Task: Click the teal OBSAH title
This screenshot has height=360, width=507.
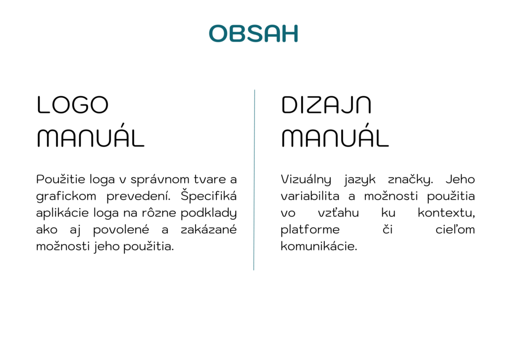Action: [253, 34]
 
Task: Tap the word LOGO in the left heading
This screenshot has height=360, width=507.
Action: [73, 105]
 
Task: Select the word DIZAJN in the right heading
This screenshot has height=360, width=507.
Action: [326, 105]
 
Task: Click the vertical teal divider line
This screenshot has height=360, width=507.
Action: [254, 180]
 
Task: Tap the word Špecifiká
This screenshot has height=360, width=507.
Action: [208, 196]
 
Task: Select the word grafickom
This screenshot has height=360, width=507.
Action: [66, 197]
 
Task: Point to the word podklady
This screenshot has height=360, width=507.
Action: [208, 213]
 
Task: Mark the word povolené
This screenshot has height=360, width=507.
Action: [121, 230]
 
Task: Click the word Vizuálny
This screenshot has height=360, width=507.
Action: [306, 180]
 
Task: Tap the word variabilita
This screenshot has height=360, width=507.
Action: [310, 196]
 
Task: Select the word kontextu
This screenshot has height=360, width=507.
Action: [446, 213]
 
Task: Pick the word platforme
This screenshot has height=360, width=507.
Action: [310, 230]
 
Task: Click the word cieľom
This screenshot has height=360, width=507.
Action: [455, 230]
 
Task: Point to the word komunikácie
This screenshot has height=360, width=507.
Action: [319, 247]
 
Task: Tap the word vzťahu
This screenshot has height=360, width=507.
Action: [338, 213]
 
